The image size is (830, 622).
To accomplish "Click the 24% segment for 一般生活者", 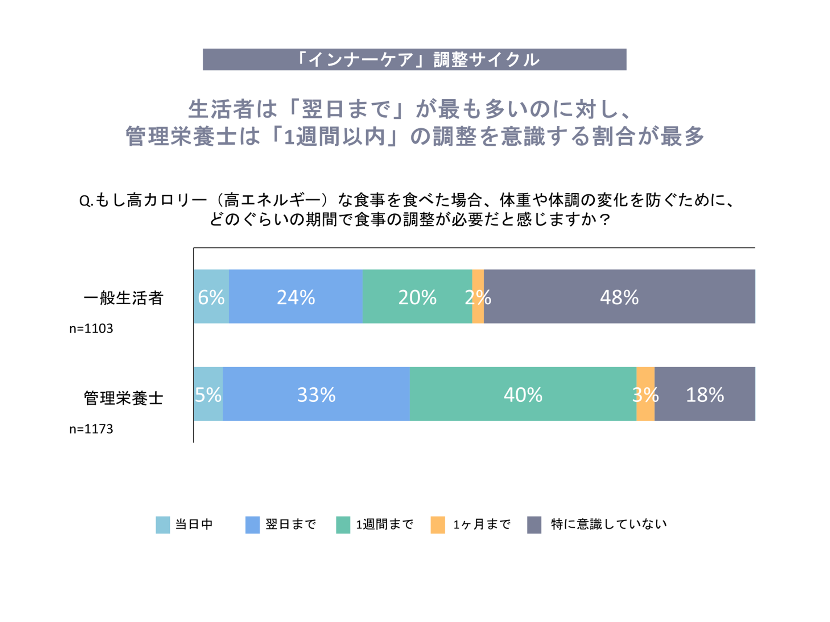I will tap(296, 297).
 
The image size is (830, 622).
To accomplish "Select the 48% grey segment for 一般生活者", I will tap(619, 297).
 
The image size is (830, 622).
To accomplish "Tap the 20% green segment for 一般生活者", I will tap(417, 297).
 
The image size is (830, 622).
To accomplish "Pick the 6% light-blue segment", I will tap(211, 297).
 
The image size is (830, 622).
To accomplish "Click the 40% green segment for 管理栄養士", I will tap(523, 394).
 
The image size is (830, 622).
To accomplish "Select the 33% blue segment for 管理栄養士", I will tap(316, 394).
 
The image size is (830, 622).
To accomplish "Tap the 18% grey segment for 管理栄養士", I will tap(705, 394).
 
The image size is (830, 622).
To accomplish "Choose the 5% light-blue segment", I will tap(208, 394).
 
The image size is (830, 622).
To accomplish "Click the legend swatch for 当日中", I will tap(163, 525).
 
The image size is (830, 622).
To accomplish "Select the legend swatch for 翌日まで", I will tap(252, 525).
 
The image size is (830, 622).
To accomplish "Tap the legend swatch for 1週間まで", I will tap(343, 525).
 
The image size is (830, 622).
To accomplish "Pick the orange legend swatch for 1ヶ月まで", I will tap(438, 525).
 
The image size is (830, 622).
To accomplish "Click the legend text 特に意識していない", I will tap(608, 524).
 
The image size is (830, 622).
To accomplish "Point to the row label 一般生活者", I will tap(123, 298).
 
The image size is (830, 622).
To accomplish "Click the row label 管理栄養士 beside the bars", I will tap(123, 398).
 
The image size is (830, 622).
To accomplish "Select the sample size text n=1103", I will tap(91, 329).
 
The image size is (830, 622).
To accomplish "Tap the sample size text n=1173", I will tap(91, 429).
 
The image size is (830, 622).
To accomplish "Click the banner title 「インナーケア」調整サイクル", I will tap(414, 60).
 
